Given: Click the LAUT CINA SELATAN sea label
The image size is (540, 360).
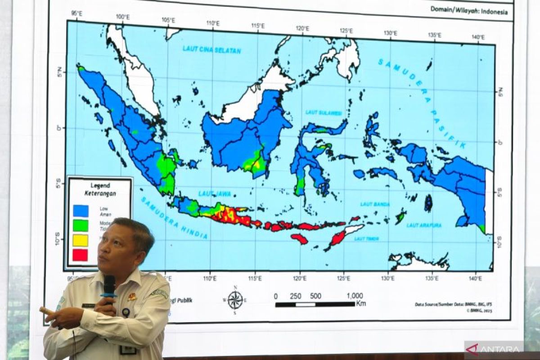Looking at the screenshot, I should (x=211, y=49).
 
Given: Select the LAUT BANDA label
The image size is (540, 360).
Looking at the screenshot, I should (x=375, y=204).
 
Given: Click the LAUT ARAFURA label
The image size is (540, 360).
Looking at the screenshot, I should (x=424, y=225).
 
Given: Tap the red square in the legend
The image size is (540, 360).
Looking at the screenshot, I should (x=80, y=255).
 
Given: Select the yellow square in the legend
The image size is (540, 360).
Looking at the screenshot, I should (x=80, y=240).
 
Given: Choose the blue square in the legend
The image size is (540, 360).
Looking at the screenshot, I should (x=80, y=211).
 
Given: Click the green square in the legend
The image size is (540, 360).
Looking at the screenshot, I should (x=80, y=225).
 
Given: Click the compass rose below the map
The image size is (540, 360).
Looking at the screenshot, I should (x=235, y=300).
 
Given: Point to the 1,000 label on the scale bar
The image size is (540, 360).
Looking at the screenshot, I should (x=355, y=296).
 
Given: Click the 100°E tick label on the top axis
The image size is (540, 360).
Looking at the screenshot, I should (x=122, y=17).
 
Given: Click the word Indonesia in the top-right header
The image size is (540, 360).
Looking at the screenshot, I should (x=494, y=12).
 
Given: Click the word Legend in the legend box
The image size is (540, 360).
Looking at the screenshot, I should (x=100, y=184).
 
